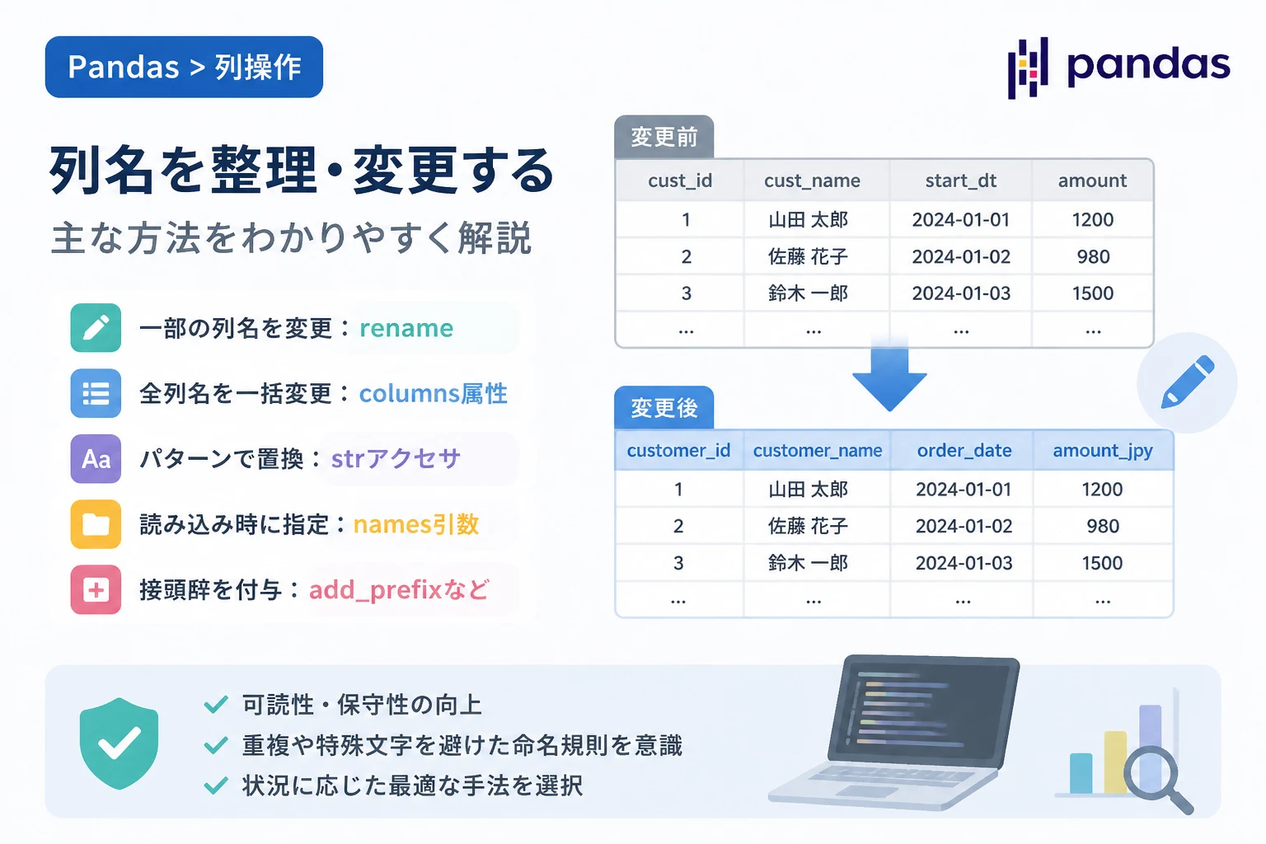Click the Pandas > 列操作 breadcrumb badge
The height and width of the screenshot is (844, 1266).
click(184, 67)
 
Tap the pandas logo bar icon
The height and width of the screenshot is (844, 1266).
click(1028, 68)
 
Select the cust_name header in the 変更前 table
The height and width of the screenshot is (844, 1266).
click(812, 181)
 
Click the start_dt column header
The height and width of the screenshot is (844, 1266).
click(961, 181)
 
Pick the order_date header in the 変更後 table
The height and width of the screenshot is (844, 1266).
click(964, 451)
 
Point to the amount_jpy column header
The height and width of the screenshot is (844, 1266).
click(1103, 451)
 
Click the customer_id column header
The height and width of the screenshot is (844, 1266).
click(678, 451)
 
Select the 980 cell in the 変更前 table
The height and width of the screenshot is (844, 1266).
click(1093, 256)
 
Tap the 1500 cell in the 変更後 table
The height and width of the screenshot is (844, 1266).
click(1102, 563)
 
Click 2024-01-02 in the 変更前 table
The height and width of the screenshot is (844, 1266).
click(961, 256)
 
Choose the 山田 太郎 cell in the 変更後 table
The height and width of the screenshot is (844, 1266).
click(809, 489)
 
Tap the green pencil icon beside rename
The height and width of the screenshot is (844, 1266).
click(96, 328)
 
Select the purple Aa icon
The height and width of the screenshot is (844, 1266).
click(96, 458)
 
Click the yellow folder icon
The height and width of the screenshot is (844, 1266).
click(96, 524)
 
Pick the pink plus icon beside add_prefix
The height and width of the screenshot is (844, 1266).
click(96, 589)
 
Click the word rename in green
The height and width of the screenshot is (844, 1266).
click(406, 328)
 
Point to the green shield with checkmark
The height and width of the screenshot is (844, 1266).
click(120, 743)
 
